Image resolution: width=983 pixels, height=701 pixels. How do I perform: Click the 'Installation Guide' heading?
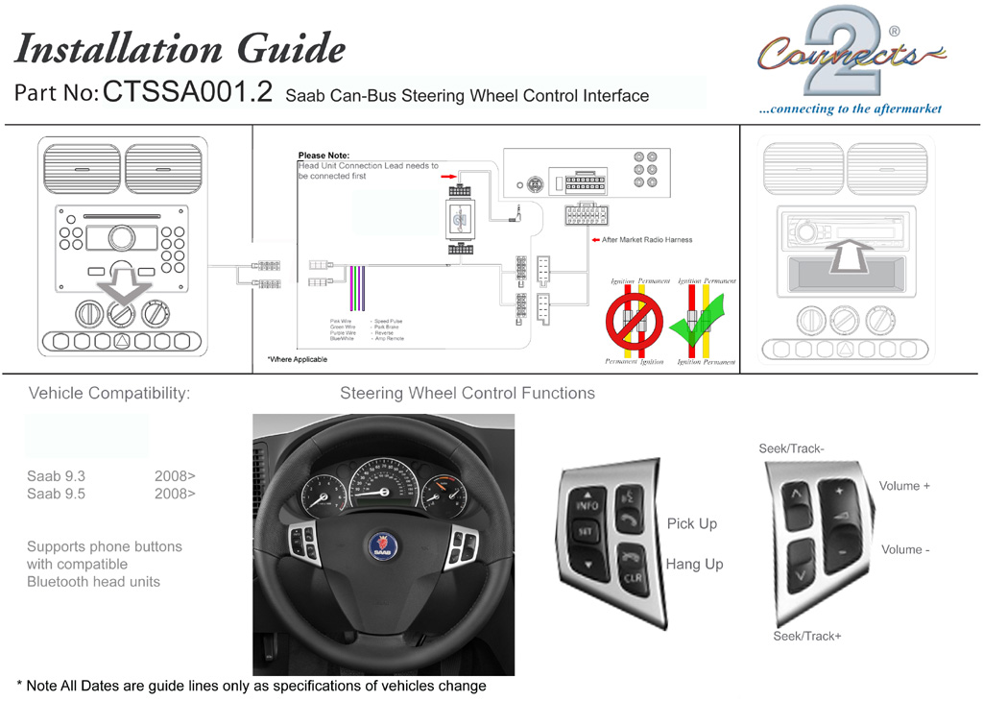pyautogui.click(x=180, y=47)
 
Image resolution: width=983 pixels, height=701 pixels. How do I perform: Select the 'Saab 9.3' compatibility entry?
pyautogui.click(x=57, y=475)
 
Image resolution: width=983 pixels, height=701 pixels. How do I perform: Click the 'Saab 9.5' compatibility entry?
pyautogui.click(x=57, y=494)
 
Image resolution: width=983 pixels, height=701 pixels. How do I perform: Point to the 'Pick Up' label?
pyautogui.click(x=692, y=523)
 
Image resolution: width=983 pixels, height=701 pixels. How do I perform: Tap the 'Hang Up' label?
pyautogui.click(x=694, y=564)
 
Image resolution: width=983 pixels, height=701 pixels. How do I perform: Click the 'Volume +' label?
pyautogui.click(x=904, y=486)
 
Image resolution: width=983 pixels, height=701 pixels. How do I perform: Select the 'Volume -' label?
pyautogui.click(x=905, y=549)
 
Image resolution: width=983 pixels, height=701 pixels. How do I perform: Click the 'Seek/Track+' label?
pyautogui.click(x=807, y=636)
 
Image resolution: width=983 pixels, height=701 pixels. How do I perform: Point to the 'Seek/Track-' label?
pyautogui.click(x=792, y=448)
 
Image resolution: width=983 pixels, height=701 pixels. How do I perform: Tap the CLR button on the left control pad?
pyautogui.click(x=631, y=578)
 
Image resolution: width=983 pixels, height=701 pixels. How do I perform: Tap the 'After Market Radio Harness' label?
pyautogui.click(x=647, y=240)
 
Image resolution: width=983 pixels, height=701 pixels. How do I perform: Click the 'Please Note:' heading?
pyautogui.click(x=324, y=156)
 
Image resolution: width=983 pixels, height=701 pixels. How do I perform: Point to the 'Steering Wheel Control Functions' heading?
pyautogui.click(x=468, y=393)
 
